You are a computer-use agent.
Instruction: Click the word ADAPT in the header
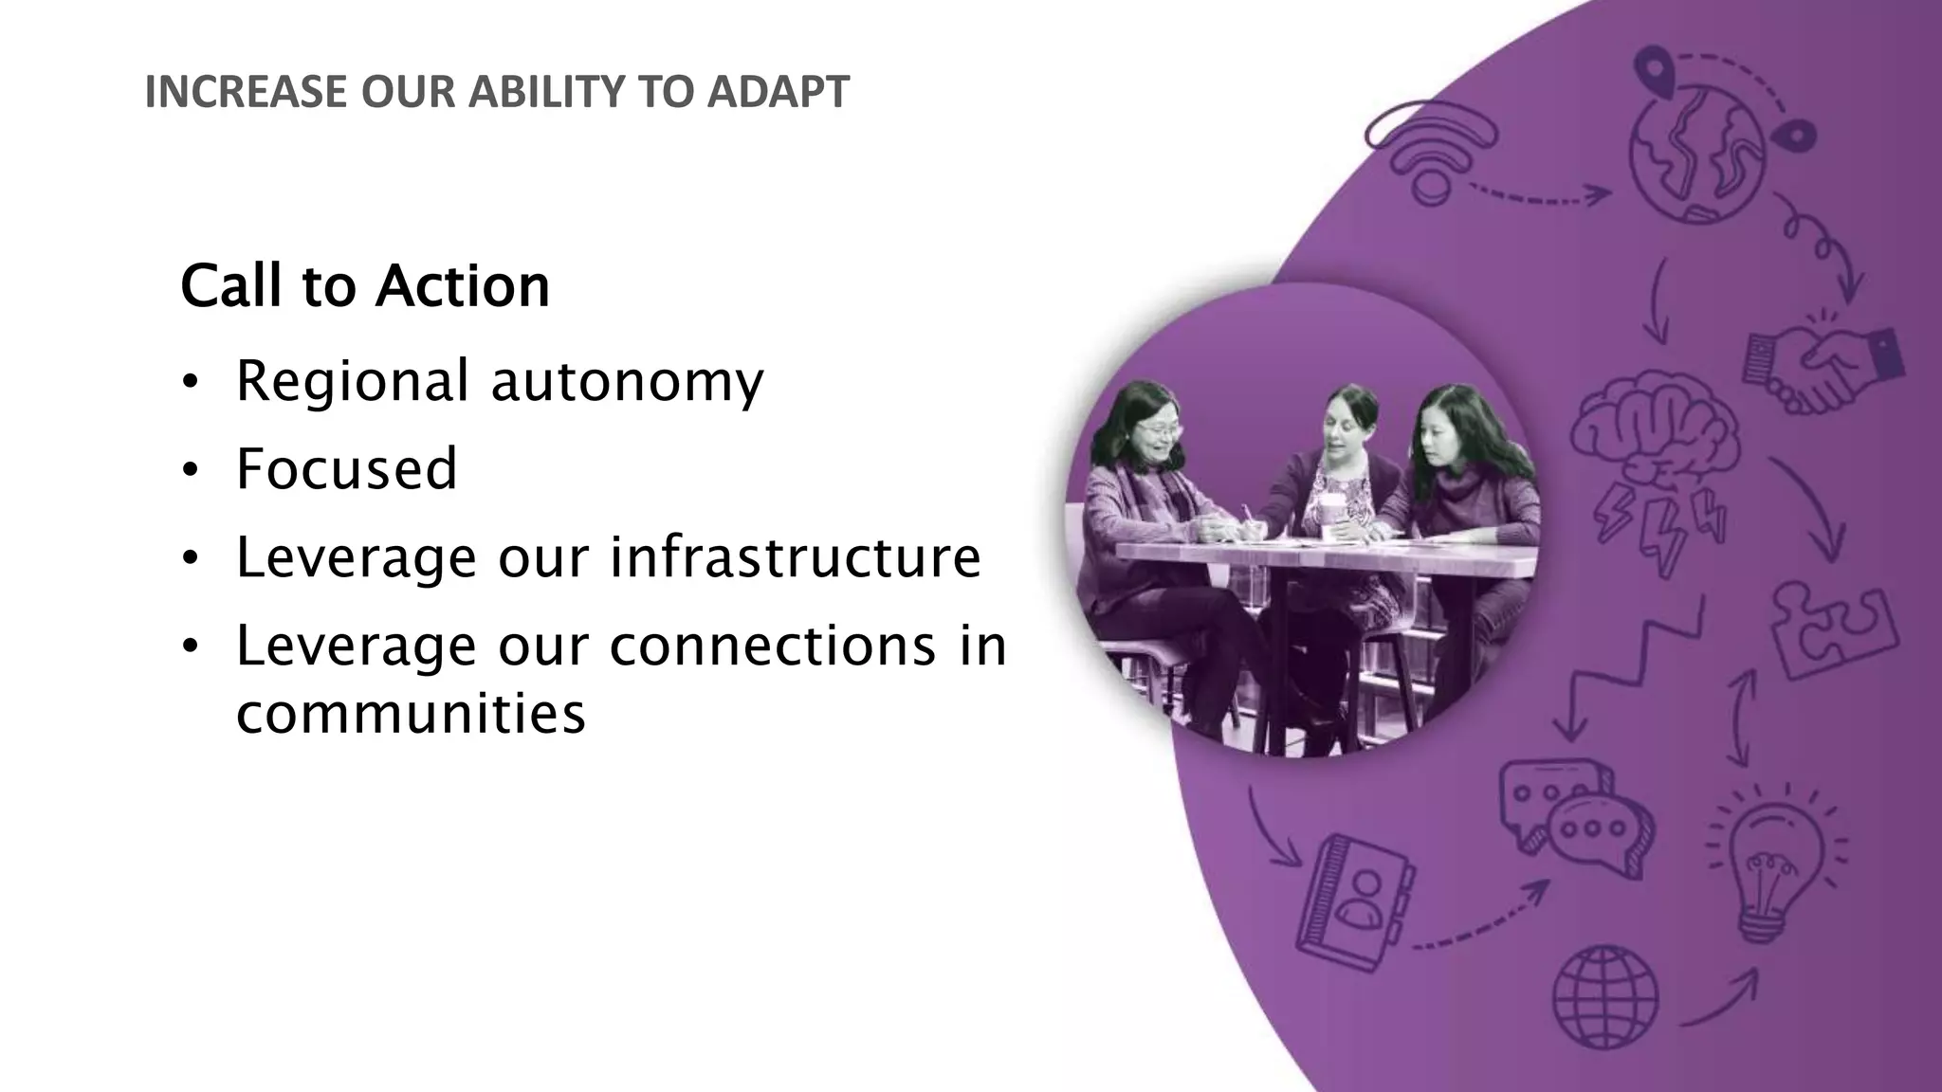[x=778, y=92]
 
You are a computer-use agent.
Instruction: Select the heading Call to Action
[x=365, y=285]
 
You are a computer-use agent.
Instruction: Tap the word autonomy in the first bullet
[x=627, y=381]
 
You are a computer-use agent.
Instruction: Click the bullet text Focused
[x=347, y=468]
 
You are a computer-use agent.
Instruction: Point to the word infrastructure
[x=795, y=556]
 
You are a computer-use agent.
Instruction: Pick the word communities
[x=411, y=713]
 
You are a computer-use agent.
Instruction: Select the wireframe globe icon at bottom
[x=1604, y=996]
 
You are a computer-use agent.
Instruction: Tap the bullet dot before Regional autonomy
[x=191, y=383]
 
